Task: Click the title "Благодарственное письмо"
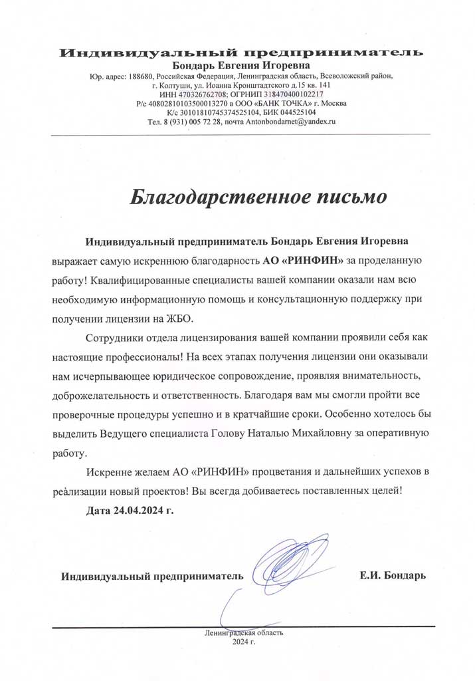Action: point(257,198)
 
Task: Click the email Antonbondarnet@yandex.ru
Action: point(286,122)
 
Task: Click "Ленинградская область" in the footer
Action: point(244,632)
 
